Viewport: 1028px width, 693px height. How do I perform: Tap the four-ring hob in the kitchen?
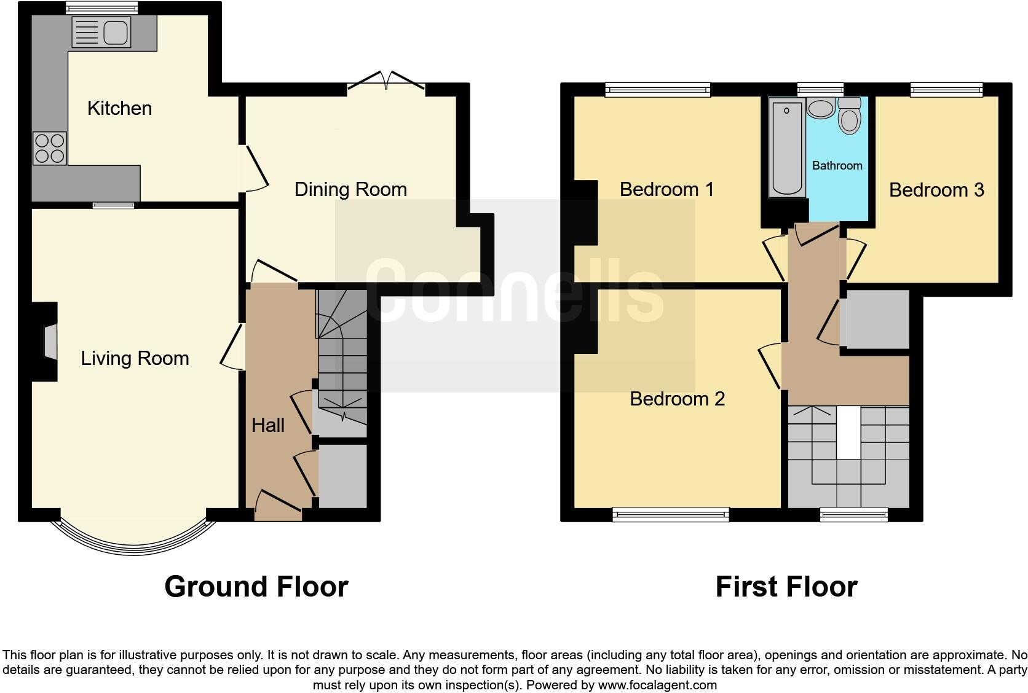coord(50,148)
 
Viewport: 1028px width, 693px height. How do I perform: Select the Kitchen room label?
coord(119,108)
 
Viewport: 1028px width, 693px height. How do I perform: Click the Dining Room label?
coord(350,189)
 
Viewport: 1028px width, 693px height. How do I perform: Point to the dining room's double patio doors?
coord(387,84)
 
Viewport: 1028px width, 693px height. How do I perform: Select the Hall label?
coord(268,425)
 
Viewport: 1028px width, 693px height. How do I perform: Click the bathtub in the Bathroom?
coord(786,149)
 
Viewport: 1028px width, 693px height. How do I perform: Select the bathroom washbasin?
coord(820,109)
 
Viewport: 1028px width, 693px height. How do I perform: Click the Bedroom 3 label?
coord(936,190)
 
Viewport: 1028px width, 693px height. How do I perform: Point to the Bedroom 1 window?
coord(657,90)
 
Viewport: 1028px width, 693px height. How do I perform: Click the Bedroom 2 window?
coord(671,514)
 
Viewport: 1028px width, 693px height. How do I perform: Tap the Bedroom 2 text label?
coord(677,399)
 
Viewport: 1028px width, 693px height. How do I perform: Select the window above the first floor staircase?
coord(854,514)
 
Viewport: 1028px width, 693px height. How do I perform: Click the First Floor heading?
coord(786,587)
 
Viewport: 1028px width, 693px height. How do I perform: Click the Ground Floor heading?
coord(256,587)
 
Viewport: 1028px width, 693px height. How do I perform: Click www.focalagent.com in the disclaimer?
coord(657,684)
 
